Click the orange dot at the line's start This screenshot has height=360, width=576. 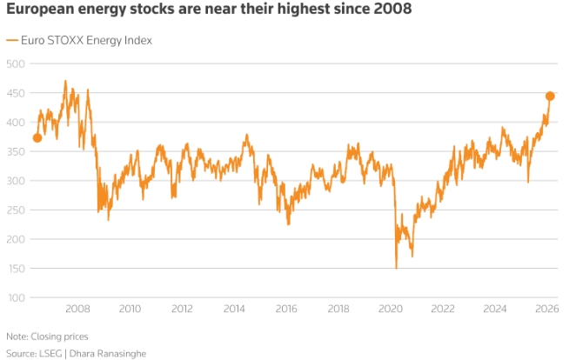pyautogui.click(x=37, y=137)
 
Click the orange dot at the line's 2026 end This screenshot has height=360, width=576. pyautogui.click(x=550, y=97)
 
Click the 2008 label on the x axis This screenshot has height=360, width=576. pyautogui.click(x=78, y=310)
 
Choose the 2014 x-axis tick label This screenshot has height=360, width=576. pyautogui.click(x=234, y=310)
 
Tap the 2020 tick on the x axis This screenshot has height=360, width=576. pyautogui.click(x=391, y=310)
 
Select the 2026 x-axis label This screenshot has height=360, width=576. pyautogui.click(x=546, y=310)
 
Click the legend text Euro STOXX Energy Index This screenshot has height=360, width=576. pyautogui.click(x=86, y=40)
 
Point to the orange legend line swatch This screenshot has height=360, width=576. pyautogui.click(x=11, y=40)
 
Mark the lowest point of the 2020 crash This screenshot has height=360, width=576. pyautogui.click(x=396, y=268)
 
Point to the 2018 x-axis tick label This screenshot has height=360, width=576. pyautogui.click(x=338, y=310)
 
